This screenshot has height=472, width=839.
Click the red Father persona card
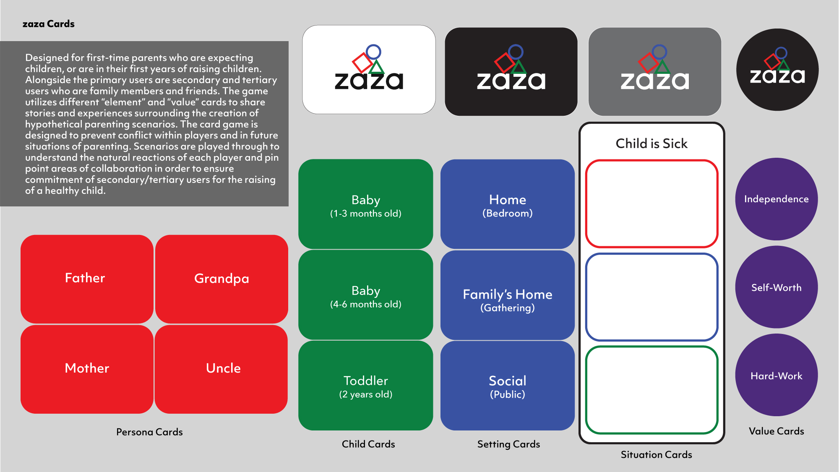coord(87,279)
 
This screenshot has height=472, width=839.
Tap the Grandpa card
coord(221,279)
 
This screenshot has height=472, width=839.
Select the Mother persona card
coord(87,369)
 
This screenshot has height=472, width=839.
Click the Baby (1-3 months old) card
coord(365,204)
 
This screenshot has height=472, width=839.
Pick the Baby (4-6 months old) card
coord(365,295)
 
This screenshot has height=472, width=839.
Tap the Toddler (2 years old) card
coord(365,386)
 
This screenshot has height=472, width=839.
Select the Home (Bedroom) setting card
coord(507,204)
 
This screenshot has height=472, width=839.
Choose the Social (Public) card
coord(507,386)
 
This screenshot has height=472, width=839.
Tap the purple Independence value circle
coord(776,199)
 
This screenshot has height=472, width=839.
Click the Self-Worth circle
coord(776,287)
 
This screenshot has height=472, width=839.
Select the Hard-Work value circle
coord(776,375)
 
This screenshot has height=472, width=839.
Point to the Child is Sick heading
coord(651,143)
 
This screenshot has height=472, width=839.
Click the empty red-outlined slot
coord(651,203)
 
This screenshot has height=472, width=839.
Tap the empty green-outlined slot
coord(651,390)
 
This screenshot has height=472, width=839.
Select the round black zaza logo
coord(777,70)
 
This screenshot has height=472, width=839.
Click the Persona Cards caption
coord(149,432)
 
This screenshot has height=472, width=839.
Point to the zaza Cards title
coord(49,24)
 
